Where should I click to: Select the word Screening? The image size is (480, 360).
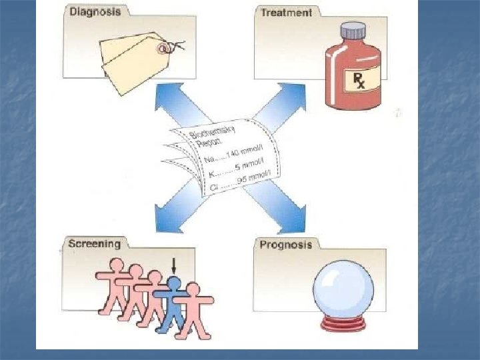(x=94, y=243)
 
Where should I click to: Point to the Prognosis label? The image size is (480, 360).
(x=285, y=244)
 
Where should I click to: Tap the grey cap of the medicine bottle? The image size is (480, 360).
(x=353, y=31)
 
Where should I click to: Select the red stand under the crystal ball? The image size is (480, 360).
(x=343, y=325)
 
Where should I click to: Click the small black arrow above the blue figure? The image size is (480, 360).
(x=173, y=265)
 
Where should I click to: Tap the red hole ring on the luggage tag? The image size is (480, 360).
(x=162, y=48)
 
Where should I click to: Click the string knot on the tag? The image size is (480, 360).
(x=175, y=47)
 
